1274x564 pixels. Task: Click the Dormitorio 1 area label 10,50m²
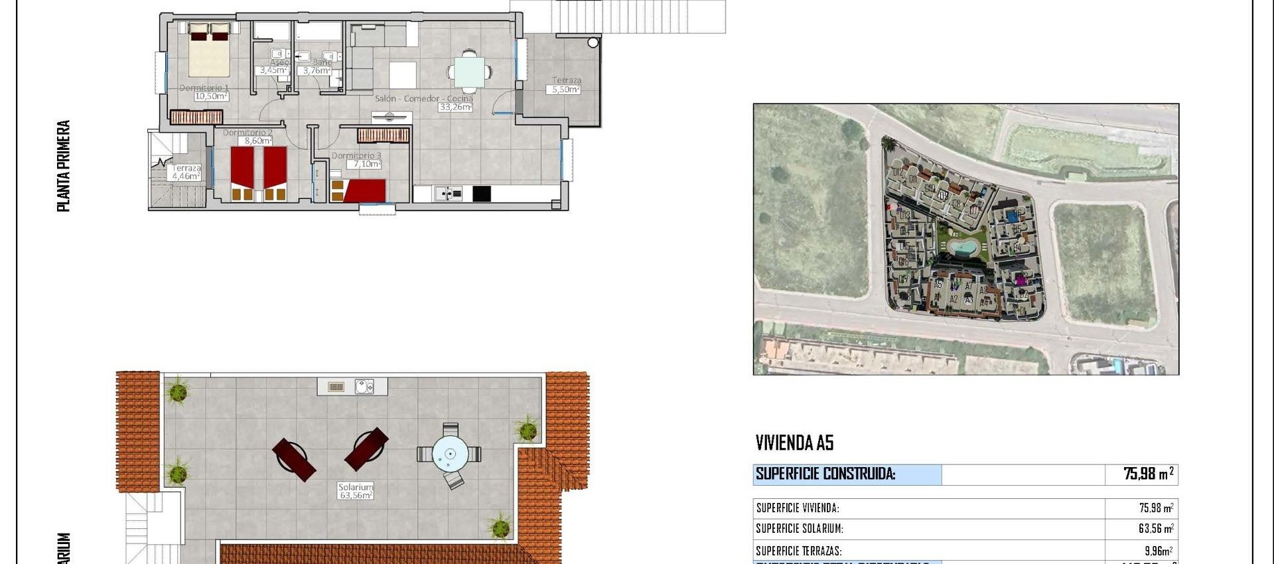click(x=210, y=96)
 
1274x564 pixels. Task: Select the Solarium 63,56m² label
click(x=356, y=491)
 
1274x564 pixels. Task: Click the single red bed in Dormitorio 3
click(x=364, y=190)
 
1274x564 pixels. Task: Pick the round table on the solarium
click(x=450, y=455)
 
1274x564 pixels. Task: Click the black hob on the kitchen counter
click(x=482, y=193)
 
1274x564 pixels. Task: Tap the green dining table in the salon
click(x=469, y=72)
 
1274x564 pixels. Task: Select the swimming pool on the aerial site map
click(x=961, y=248)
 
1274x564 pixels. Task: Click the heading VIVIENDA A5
click(x=794, y=443)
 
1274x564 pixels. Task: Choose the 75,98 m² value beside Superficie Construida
click(x=1148, y=474)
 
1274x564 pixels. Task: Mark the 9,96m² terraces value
click(x=1158, y=551)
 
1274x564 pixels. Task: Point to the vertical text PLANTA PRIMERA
click(x=64, y=166)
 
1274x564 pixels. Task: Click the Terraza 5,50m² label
click(x=566, y=85)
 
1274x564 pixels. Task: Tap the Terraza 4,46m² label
click(x=186, y=173)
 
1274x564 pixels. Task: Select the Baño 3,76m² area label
click(x=317, y=70)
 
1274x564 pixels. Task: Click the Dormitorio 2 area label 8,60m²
click(x=257, y=141)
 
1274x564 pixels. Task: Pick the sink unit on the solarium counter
click(x=364, y=386)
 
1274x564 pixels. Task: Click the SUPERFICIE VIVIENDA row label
click(x=798, y=508)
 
